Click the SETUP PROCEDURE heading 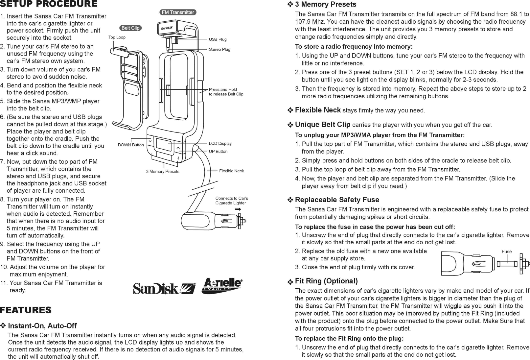[x=49, y=4]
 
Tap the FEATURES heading [x=26, y=310]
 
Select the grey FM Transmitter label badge [x=178, y=12]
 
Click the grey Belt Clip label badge [x=130, y=28]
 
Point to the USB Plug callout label [x=218, y=39]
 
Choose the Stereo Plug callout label [x=219, y=50]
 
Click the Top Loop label [x=117, y=37]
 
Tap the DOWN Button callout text [x=131, y=145]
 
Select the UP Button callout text [x=218, y=152]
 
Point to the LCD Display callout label [x=220, y=144]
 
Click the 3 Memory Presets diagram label [x=163, y=172]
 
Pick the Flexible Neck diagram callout [x=231, y=171]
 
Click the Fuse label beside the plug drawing [x=507, y=252]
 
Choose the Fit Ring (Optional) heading [x=326, y=281]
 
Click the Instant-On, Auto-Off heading [x=42, y=326]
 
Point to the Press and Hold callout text [x=226, y=92]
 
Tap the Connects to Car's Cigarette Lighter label [x=232, y=201]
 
